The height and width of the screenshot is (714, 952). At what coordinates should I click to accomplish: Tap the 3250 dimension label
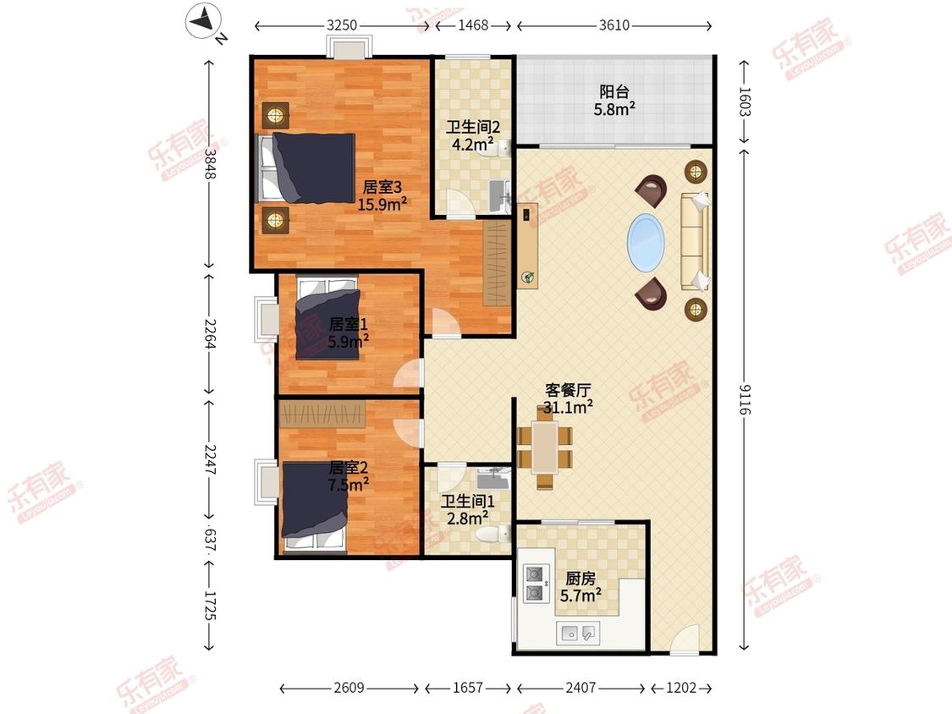coord(342,25)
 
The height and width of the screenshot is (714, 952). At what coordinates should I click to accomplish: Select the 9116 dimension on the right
coord(745,399)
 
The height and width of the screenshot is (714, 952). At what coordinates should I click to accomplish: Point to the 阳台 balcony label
coord(614,91)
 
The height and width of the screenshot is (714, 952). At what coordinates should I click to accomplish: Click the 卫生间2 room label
coord(473,127)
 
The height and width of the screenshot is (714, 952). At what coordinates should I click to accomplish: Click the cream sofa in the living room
coord(695,242)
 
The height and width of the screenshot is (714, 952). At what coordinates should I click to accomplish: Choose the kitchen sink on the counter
coord(578,633)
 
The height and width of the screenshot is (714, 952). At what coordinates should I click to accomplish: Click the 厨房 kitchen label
coord(581,579)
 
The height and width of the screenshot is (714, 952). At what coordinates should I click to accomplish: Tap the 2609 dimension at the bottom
coord(349,688)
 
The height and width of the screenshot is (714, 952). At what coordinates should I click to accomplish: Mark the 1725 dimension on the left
coord(210,606)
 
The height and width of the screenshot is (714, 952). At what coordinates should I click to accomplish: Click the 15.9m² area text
coord(382,204)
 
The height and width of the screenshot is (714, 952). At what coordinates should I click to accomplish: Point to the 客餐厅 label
coord(568,390)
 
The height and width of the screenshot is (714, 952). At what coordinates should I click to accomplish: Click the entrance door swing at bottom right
coord(685,640)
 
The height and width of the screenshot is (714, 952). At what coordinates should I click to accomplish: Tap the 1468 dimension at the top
coord(473,25)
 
